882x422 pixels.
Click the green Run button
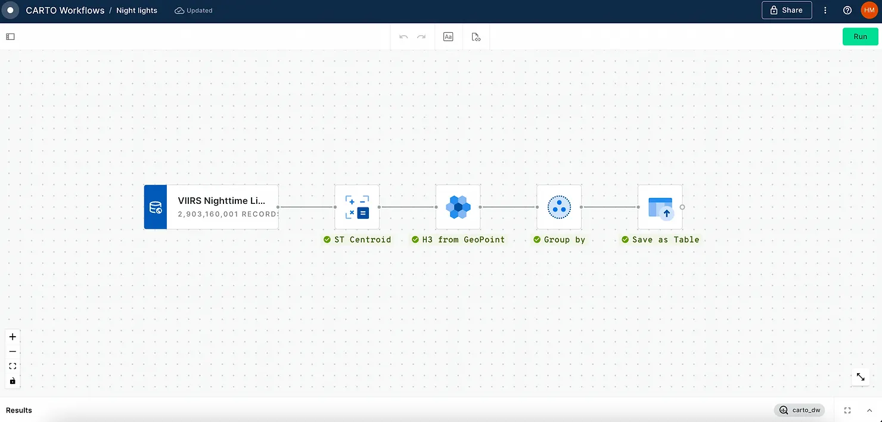pos(860,36)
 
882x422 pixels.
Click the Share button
pos(786,10)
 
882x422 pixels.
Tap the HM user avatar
pos(869,10)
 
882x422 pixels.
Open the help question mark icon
pos(847,10)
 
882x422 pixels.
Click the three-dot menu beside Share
pos(825,10)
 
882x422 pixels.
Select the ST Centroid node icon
pos(357,207)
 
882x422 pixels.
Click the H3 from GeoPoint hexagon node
pos(458,207)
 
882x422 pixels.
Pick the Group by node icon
pos(559,207)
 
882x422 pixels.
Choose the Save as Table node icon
pos(660,207)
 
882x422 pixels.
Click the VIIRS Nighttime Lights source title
pos(221,201)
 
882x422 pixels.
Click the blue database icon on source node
pos(156,207)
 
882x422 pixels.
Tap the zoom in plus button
pos(13,337)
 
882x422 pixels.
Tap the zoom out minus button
pos(13,352)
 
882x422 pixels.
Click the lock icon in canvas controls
pos(13,381)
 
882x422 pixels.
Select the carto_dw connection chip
pos(799,410)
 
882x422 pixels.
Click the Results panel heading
pos(19,410)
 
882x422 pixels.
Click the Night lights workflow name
pos(136,11)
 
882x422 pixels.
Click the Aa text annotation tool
pos(448,37)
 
